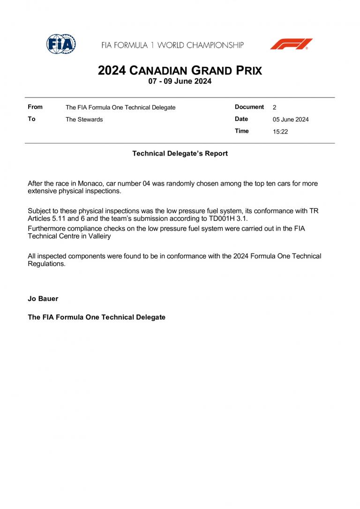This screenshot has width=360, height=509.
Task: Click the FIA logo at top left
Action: coord(61,44)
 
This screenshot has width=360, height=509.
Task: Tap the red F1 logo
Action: coord(291,44)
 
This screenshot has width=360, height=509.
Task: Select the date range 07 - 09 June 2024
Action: coord(180,81)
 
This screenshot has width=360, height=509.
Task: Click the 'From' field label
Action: coord(35,107)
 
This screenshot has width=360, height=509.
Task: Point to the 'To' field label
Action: coord(31,119)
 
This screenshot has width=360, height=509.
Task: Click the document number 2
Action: coord(274,107)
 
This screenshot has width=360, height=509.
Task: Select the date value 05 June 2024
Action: coord(291,120)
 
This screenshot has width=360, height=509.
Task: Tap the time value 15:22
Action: coord(280,132)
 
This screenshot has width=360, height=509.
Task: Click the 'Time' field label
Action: coord(242,131)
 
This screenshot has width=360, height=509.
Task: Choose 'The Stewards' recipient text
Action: coord(84,120)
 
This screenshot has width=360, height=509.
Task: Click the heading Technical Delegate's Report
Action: coord(180,153)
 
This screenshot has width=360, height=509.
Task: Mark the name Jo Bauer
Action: coord(43,299)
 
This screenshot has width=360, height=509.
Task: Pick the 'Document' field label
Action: coord(249,107)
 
